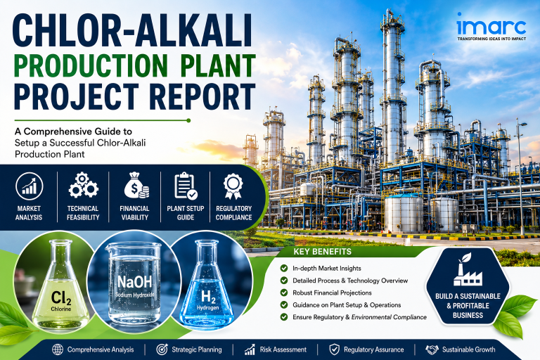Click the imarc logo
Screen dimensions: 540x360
491,27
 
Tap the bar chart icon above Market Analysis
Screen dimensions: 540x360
30,186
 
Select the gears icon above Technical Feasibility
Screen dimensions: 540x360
83,186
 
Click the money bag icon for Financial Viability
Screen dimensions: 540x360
136,186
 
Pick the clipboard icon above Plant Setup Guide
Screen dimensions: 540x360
186,186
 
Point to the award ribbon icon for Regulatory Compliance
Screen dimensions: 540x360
233,186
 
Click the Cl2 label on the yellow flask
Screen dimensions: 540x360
61,298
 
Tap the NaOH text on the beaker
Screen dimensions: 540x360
134,282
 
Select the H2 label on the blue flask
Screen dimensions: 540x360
208,296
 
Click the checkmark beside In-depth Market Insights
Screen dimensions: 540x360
284,268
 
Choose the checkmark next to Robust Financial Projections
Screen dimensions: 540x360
284,292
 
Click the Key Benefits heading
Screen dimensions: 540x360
322,252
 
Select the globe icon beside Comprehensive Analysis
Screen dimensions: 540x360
58,349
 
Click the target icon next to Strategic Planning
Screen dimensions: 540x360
162,349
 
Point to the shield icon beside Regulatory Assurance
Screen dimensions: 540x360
334,349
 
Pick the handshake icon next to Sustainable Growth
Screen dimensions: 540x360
432,349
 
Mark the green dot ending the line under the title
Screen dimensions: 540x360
188,120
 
